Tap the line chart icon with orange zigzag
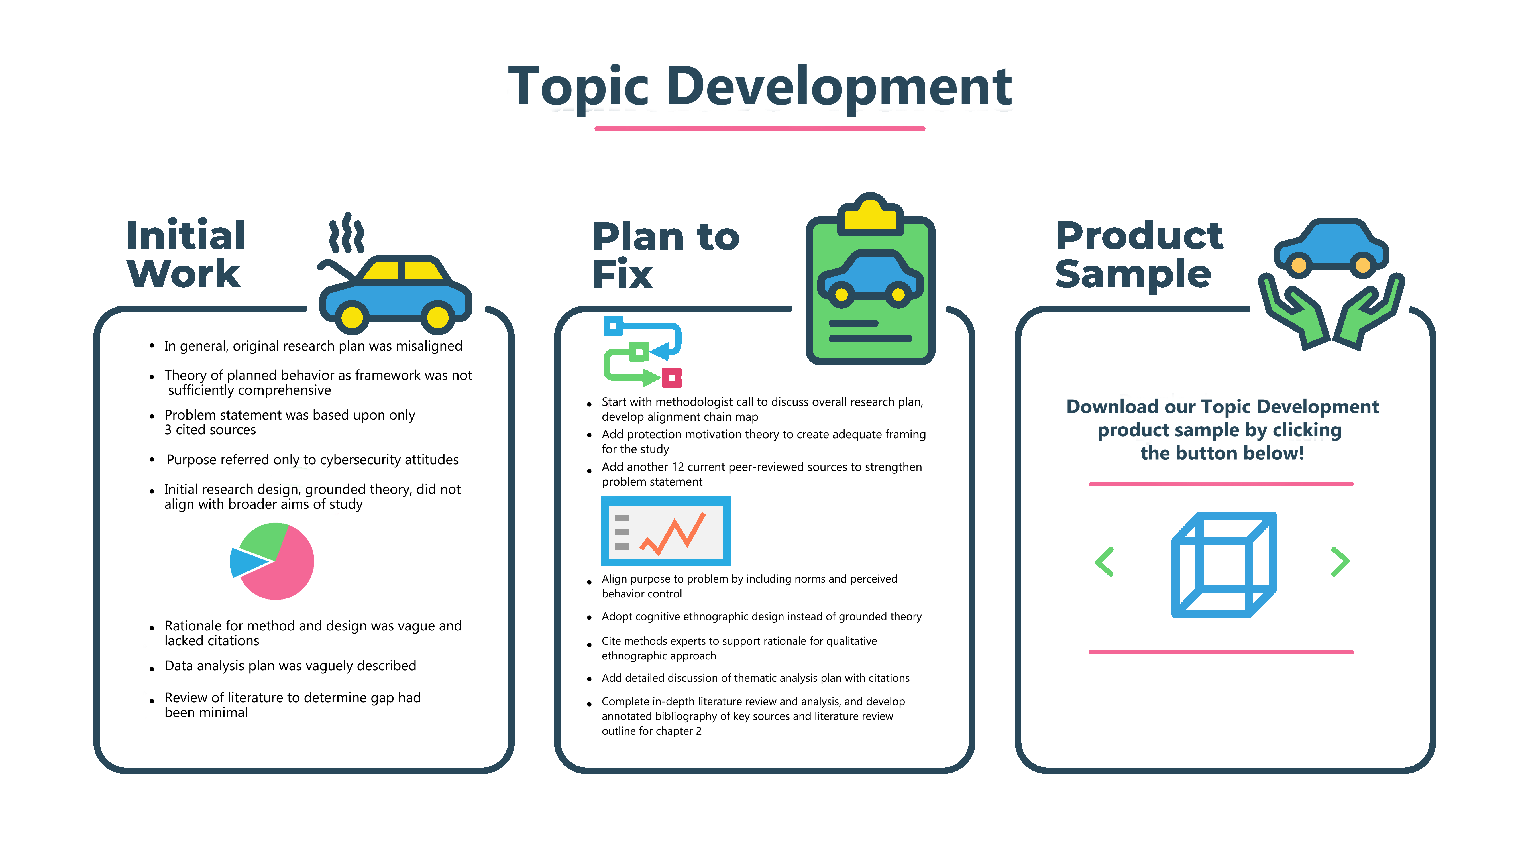[x=666, y=531]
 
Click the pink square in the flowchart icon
[x=671, y=378]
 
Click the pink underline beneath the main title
[x=759, y=128]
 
